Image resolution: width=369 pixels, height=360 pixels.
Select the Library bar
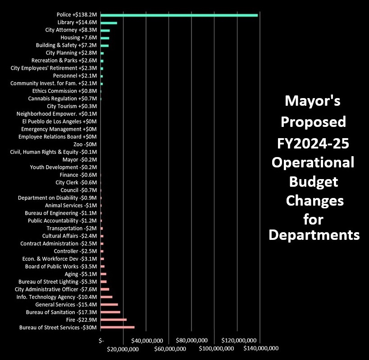pos(109,22)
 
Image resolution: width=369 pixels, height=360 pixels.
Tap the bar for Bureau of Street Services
pos(117,327)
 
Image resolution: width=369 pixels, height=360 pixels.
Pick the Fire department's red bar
pos(114,319)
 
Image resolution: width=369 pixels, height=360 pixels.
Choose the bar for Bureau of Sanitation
pos(110,312)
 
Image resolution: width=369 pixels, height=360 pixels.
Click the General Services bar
pos(109,304)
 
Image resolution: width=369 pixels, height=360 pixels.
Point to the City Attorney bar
pos(105,30)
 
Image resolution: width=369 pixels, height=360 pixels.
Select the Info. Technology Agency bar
pos(106,297)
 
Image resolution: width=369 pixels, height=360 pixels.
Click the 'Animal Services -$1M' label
pos(71,205)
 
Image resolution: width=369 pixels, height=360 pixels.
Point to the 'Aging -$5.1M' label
pos(81,274)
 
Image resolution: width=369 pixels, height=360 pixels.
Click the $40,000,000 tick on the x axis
pos(146,341)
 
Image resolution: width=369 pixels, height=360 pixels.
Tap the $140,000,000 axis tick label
pos(260,348)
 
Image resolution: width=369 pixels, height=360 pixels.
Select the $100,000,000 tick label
pos(215,348)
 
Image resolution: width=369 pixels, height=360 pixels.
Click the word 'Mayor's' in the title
pos(313,101)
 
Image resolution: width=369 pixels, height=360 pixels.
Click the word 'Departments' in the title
pos(314,234)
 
